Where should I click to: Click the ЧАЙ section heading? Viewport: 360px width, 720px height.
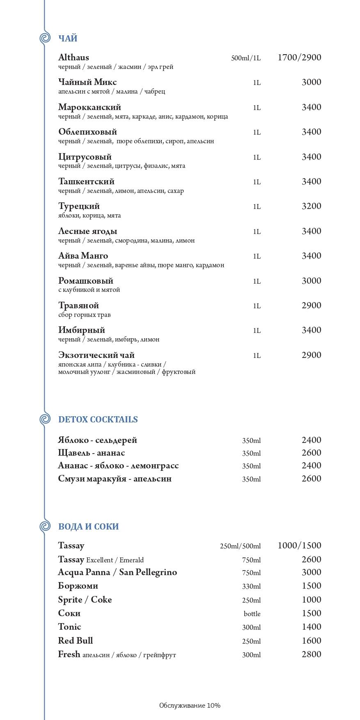68,39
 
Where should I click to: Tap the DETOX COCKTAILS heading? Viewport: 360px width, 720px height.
98,420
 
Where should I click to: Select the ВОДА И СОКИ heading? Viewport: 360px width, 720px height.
88,527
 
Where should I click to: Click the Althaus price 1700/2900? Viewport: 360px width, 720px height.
299,57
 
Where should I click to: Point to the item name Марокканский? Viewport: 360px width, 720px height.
89,107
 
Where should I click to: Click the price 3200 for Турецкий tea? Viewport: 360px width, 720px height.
311,206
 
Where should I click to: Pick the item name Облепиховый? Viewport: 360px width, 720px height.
87,132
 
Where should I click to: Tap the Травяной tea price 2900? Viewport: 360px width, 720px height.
311,305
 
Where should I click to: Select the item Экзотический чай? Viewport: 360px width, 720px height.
96,355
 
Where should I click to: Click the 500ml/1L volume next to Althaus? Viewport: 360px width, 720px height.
246,58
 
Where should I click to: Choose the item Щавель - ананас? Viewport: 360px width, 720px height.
91,453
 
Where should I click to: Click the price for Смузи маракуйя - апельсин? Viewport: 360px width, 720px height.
311,479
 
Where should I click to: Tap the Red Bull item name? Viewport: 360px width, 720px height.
76,641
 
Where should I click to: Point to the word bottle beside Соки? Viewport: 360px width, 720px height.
252,614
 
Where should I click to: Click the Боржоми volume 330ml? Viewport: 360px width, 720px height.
251,586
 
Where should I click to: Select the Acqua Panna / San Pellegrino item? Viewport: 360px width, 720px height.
117,572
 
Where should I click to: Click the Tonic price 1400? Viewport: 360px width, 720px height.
311,627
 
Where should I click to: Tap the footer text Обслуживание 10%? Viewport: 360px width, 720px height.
190,706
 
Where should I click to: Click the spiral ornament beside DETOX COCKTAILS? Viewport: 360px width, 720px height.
45,419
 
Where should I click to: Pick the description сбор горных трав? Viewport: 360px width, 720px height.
84,315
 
